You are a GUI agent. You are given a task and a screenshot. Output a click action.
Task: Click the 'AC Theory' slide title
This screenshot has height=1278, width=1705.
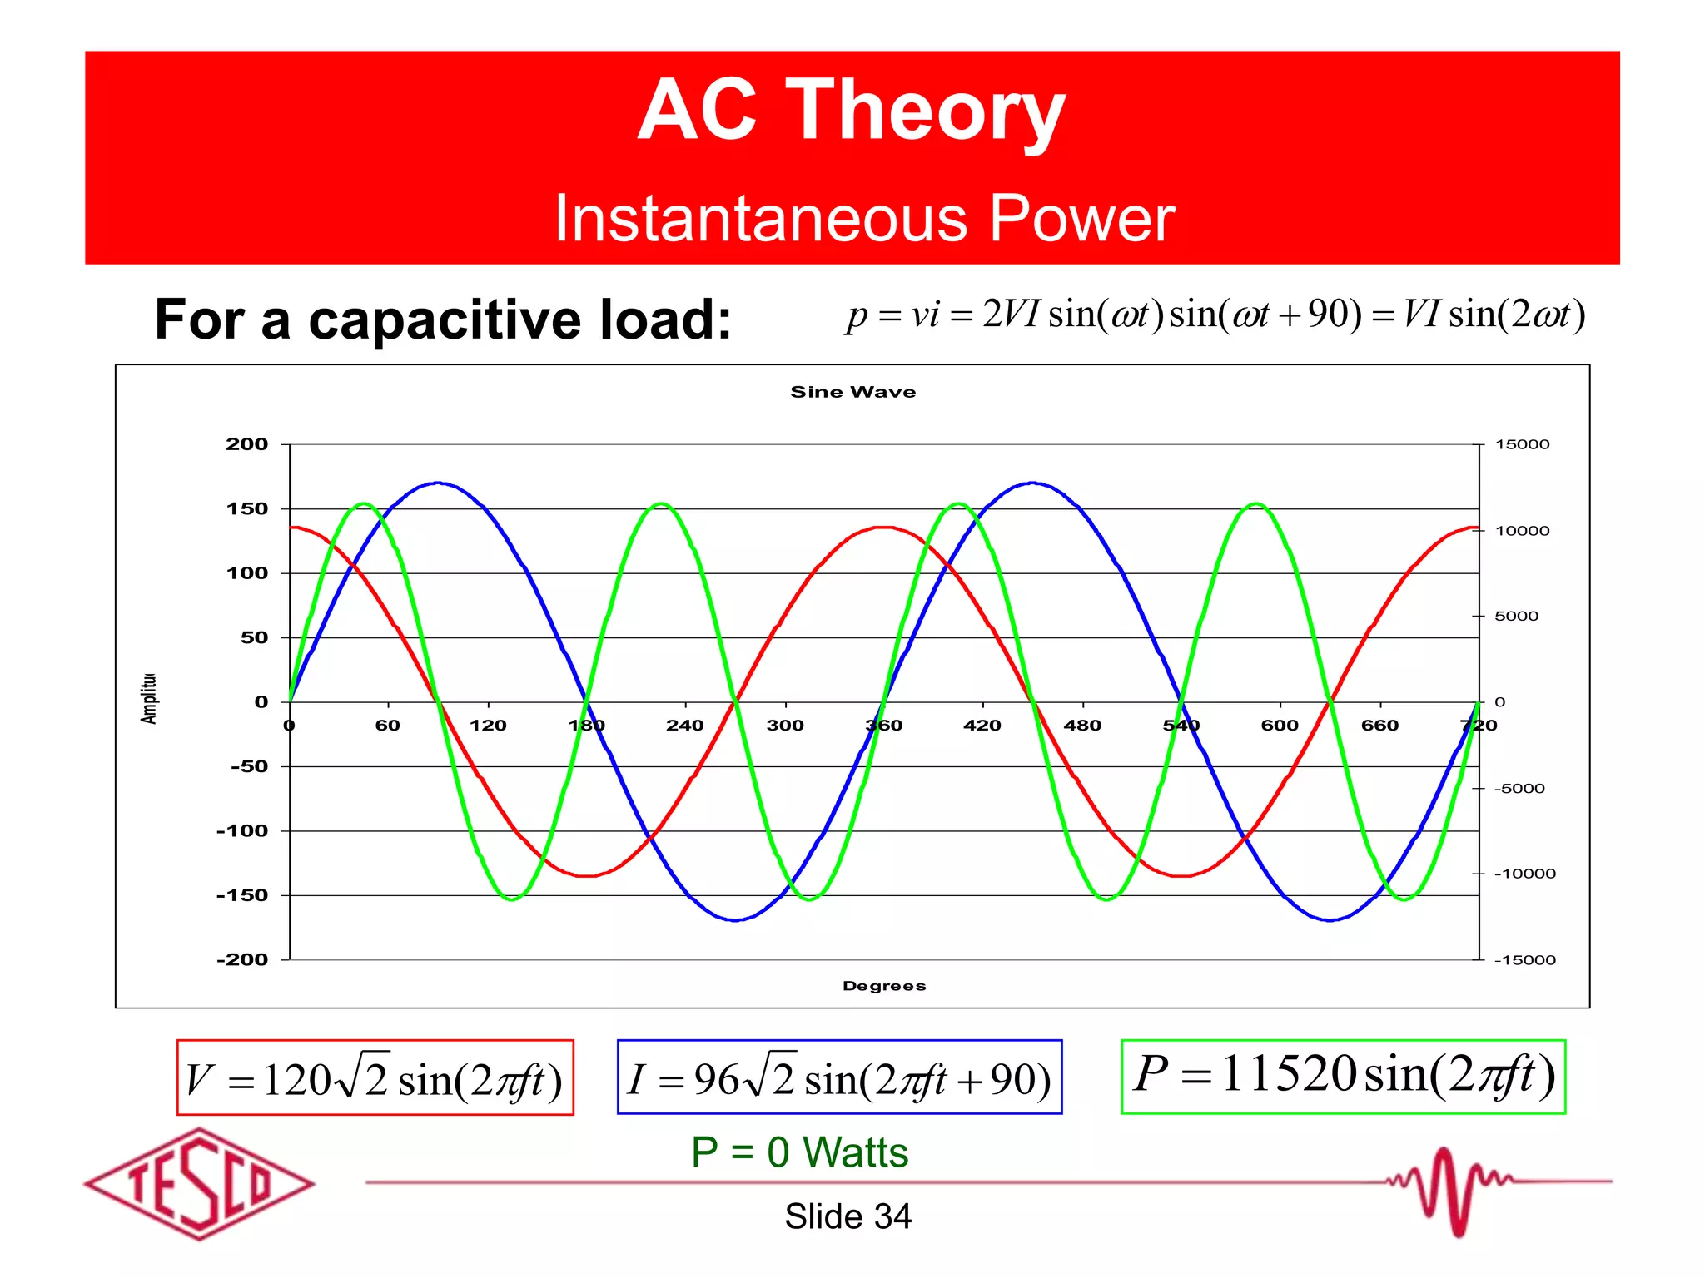click(x=851, y=111)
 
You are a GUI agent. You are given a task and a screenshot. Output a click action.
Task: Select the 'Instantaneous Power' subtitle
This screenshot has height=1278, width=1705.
click(x=864, y=218)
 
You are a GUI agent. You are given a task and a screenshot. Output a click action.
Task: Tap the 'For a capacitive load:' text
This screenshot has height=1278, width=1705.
click(x=443, y=319)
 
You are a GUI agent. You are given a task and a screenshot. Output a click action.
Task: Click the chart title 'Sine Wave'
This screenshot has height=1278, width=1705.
click(x=852, y=392)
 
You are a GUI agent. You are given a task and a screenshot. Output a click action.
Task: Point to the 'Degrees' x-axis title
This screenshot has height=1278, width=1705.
click(x=883, y=986)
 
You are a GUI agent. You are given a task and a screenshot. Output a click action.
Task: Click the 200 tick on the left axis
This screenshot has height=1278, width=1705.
click(x=246, y=444)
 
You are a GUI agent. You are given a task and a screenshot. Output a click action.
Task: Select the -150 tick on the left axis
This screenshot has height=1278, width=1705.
click(x=242, y=895)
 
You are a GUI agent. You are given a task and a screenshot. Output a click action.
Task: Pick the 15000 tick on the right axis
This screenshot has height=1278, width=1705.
click(x=1522, y=444)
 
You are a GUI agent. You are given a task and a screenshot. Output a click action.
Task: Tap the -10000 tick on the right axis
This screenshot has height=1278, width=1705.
click(x=1524, y=874)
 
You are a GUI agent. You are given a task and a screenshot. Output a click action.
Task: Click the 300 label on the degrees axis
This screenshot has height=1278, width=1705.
click(x=785, y=726)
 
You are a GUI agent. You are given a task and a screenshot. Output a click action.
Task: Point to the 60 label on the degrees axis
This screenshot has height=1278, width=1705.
click(x=388, y=726)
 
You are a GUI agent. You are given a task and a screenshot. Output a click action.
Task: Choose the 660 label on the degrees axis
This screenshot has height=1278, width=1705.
click(x=1379, y=726)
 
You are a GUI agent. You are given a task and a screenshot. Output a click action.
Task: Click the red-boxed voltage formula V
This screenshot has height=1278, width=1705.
click(x=375, y=1078)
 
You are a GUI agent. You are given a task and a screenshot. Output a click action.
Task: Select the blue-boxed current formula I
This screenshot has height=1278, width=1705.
click(x=839, y=1077)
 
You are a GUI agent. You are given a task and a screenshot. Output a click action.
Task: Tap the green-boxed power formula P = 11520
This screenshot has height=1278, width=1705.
click(x=1343, y=1075)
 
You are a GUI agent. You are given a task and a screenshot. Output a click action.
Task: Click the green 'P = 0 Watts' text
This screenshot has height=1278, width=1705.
click(x=799, y=1152)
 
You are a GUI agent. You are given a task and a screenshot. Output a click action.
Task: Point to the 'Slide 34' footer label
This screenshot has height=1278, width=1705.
click(x=848, y=1216)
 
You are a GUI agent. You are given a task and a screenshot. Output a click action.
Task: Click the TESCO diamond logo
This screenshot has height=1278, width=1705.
click(x=200, y=1183)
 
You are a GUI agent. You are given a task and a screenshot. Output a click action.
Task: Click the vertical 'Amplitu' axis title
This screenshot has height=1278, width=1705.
click(x=149, y=698)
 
